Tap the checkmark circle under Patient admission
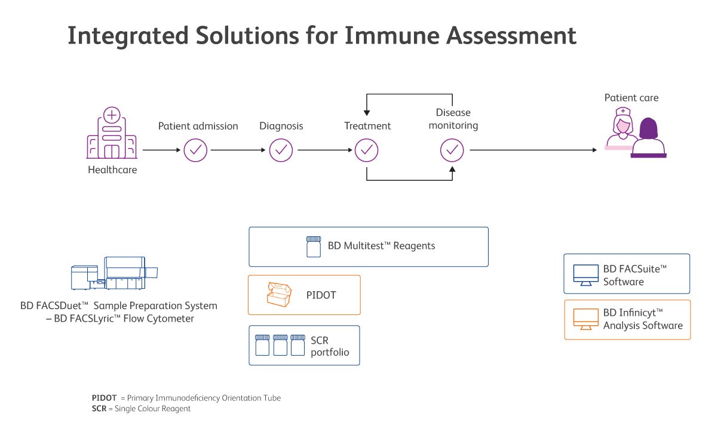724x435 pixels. coord(195,150)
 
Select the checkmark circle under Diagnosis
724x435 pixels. coord(281,150)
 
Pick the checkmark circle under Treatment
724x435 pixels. coord(367,150)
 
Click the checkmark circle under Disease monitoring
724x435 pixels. coord(452,150)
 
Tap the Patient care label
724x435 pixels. coord(631,98)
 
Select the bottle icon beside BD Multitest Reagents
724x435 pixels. coord(314,246)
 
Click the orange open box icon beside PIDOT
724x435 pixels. coord(278,294)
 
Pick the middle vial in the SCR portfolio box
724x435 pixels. coord(281,345)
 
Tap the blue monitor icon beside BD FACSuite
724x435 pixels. coord(585,274)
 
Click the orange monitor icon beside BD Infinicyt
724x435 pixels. coord(585,320)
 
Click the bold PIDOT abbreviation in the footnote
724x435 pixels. coord(104,397)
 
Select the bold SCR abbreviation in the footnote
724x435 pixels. coord(99,409)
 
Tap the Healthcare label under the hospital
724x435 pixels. coord(112,170)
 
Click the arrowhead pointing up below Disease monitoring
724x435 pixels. coord(452,170)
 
